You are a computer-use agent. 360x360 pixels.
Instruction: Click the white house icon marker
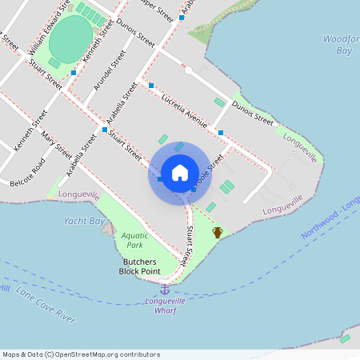179,173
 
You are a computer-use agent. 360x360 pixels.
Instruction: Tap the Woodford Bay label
339,45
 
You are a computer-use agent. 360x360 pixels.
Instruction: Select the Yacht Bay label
84,221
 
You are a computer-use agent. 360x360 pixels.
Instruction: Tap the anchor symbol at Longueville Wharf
165,288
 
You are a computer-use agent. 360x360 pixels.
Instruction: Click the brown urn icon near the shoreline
218,232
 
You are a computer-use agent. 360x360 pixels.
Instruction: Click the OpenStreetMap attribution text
80,354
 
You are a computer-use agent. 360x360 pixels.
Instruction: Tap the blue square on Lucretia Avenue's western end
150,86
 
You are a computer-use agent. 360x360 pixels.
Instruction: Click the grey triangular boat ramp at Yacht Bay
109,229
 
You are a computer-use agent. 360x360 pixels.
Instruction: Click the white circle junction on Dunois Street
188,70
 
